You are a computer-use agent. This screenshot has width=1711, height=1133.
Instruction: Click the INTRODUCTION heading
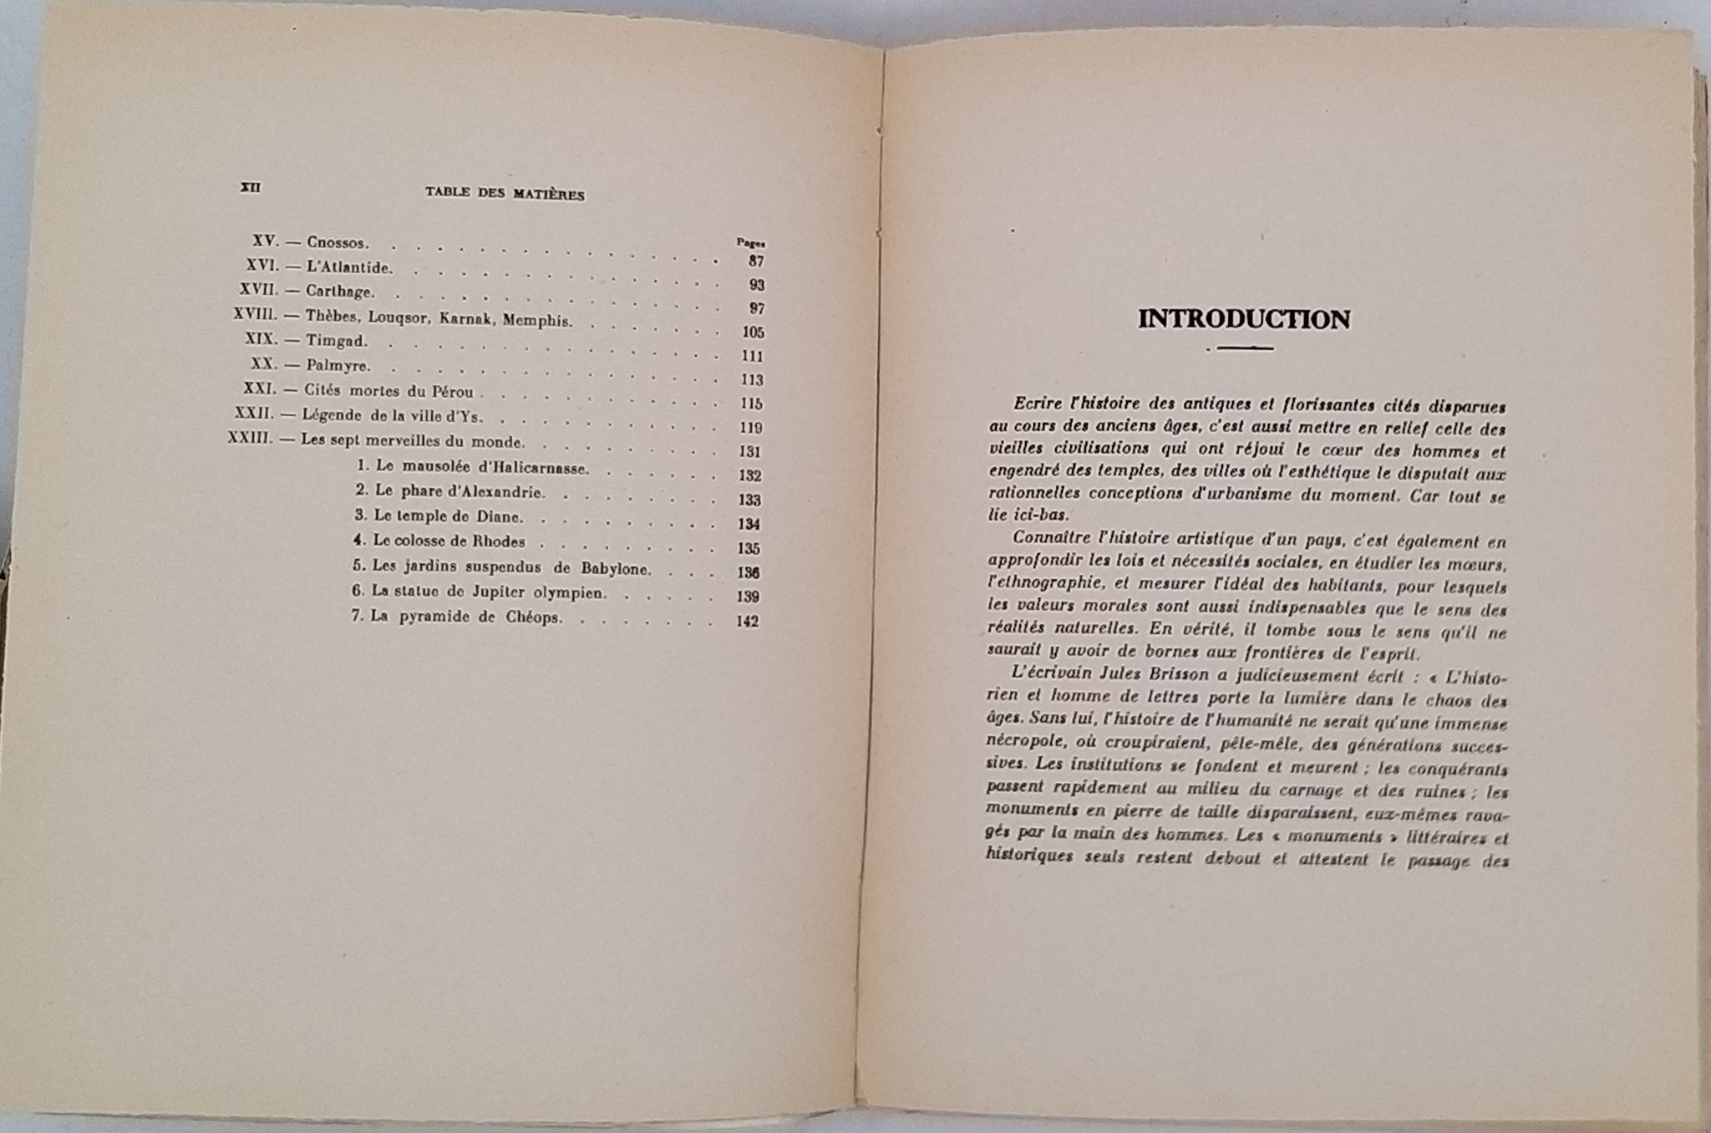(x=1243, y=320)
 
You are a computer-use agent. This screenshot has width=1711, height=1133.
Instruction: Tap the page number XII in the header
(x=250, y=188)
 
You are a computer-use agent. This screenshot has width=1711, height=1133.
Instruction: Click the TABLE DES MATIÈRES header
(x=505, y=194)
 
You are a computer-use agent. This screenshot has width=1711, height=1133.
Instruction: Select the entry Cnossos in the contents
(x=338, y=243)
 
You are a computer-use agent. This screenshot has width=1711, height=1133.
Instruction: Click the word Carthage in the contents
(x=341, y=292)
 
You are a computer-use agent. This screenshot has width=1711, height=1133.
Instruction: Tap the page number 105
(x=753, y=333)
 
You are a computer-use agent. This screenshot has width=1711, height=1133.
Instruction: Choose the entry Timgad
(x=338, y=341)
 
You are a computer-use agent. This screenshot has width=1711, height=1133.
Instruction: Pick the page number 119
(x=751, y=428)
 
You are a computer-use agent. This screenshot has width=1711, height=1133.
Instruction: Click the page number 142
(x=747, y=621)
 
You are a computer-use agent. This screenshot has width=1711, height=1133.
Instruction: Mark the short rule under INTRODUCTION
(x=1244, y=348)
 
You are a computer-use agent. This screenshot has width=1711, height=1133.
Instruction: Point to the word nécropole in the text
(x=1023, y=743)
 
